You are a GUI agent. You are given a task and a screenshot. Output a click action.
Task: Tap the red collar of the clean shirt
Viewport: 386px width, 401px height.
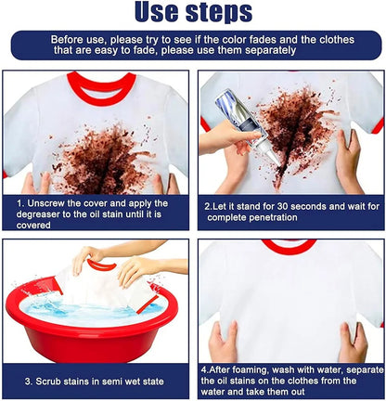(289, 246)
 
